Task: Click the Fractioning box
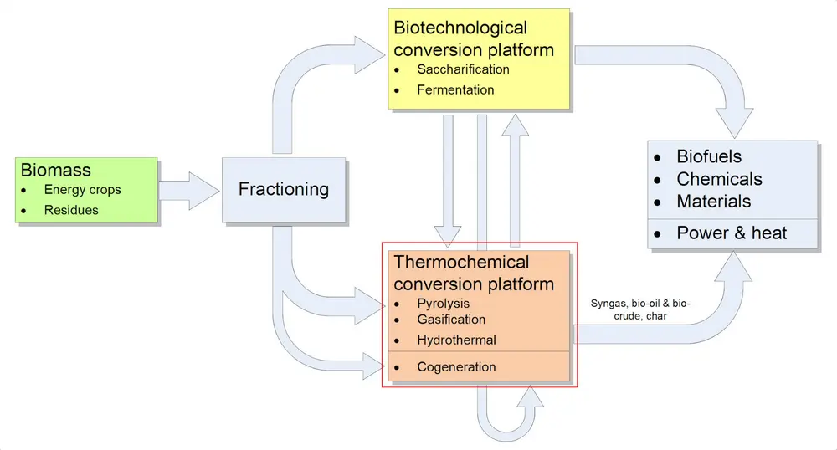point(283,189)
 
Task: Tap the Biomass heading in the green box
point(55,171)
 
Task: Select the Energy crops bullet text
point(82,190)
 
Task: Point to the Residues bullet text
point(71,210)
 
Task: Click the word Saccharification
point(463,69)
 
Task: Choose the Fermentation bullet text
point(455,89)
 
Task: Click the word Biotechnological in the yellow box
point(460,28)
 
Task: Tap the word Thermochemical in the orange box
point(461,263)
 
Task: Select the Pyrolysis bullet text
point(443,304)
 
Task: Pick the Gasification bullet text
point(451,320)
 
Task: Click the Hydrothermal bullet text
point(456,340)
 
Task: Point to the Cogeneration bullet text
point(456,367)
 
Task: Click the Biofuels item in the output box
point(709,157)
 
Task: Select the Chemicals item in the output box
point(719,179)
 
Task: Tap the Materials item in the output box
point(713,202)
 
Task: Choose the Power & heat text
point(732,233)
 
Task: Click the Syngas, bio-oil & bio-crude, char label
point(640,309)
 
